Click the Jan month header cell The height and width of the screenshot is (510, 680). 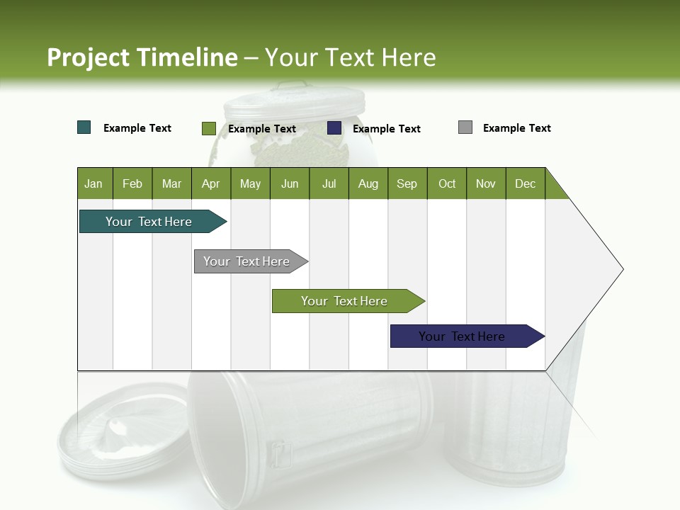click(94, 183)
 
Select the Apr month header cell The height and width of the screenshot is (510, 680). click(211, 183)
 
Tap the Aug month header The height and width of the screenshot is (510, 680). click(368, 183)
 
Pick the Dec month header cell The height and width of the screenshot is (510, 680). click(525, 183)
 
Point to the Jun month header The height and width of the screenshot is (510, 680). click(290, 183)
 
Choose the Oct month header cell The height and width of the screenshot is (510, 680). click(447, 183)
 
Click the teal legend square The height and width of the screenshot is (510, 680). click(84, 127)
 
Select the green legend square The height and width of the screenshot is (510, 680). click(208, 128)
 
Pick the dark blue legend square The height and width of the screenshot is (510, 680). click(334, 128)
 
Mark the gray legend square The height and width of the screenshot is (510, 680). click(465, 127)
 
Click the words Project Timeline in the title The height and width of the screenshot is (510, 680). click(142, 57)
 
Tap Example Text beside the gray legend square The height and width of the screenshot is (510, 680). click(516, 128)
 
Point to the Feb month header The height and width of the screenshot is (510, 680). click(132, 183)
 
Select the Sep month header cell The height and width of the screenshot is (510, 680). click(407, 183)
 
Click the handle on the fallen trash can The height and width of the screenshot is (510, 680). click(282, 453)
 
